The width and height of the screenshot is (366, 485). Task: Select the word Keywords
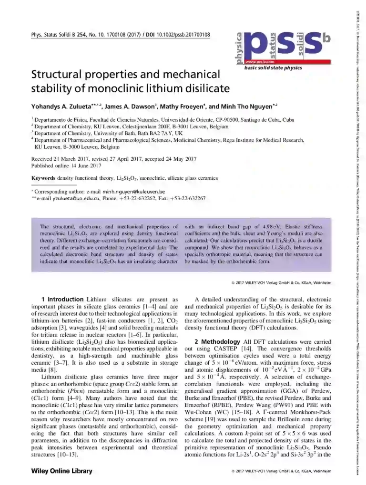43,178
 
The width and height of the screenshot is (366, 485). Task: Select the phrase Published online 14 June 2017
66,166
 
